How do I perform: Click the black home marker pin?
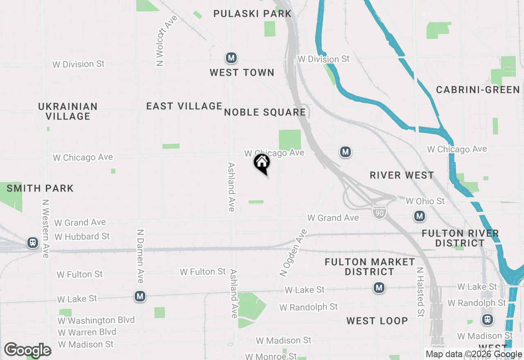(262, 163)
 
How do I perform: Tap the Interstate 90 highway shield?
(379, 211)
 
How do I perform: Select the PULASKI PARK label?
(252, 13)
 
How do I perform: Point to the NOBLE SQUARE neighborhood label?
(265, 112)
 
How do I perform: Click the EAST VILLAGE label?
(184, 106)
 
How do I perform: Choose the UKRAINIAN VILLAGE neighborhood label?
(68, 111)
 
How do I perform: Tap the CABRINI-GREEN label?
(478, 90)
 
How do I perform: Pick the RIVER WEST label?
(402, 175)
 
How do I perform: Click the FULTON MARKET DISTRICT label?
(370, 267)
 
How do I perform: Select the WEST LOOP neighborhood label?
(377, 321)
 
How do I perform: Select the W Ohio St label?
(425, 201)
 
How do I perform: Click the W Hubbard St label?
(82, 236)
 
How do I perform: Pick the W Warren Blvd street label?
(87, 332)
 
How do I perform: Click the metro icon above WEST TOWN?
(231, 58)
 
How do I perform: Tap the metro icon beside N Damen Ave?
(140, 296)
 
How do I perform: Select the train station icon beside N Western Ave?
(32, 243)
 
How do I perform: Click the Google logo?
(28, 350)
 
